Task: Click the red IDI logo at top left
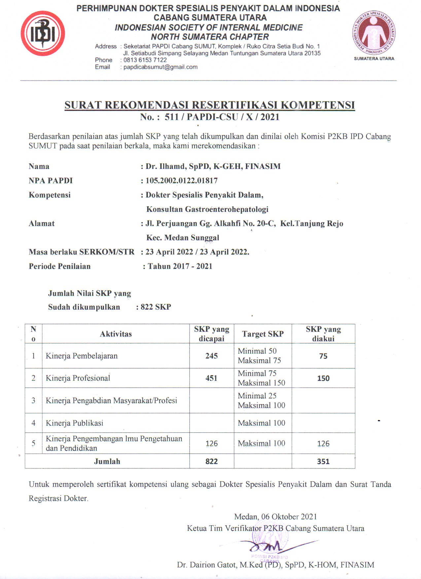(x=43, y=33)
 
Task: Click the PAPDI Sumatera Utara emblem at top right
(x=374, y=33)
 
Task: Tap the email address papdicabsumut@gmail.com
(x=160, y=67)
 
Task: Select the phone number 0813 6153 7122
(x=145, y=60)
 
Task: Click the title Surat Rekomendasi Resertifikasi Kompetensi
(x=210, y=105)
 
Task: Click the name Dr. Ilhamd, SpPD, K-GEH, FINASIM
(x=213, y=166)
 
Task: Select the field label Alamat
(x=42, y=223)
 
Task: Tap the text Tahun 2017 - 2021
(x=180, y=266)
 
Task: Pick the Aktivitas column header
(x=116, y=334)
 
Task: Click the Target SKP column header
(x=263, y=334)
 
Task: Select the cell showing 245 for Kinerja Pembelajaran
(x=212, y=356)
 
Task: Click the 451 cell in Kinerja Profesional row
(x=212, y=378)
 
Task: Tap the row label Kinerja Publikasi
(x=75, y=423)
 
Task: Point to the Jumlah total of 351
(x=323, y=461)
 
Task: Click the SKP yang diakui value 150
(x=323, y=378)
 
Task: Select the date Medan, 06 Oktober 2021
(x=275, y=517)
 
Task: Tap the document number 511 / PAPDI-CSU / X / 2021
(x=222, y=117)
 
